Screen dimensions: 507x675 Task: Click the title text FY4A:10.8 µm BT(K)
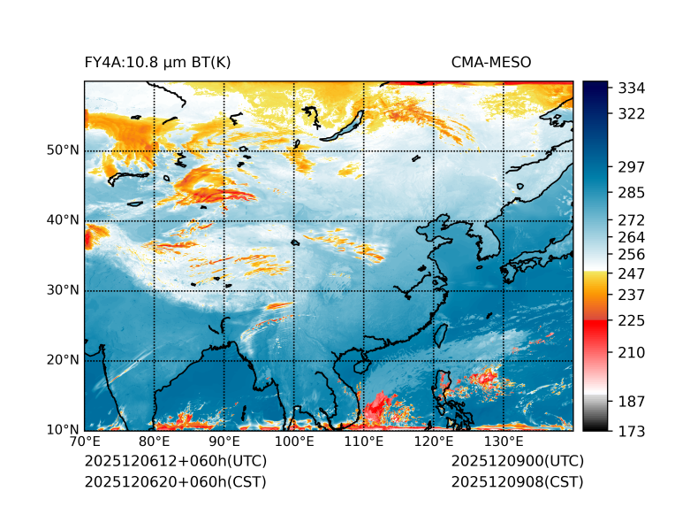[x=157, y=62]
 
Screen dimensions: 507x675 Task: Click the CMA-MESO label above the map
[x=490, y=62]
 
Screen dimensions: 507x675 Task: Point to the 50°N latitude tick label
[x=63, y=150]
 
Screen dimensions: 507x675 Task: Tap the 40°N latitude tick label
[x=63, y=220]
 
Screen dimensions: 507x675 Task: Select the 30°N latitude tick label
[x=63, y=290]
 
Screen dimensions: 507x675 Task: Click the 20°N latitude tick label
[x=63, y=360]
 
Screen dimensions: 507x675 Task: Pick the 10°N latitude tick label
[x=63, y=430]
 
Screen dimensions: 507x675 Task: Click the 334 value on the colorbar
[x=630, y=88]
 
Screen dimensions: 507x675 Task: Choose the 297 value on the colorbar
[x=630, y=166]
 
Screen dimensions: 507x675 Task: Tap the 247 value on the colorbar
[x=630, y=273]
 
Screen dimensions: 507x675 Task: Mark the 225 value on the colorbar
[x=630, y=320]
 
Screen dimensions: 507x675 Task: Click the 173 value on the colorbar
[x=630, y=431]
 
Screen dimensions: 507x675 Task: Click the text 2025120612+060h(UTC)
[x=175, y=462]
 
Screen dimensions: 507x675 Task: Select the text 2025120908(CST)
[x=517, y=482]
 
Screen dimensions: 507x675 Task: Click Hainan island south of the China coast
[x=360, y=365]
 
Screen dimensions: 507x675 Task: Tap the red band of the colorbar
[x=595, y=326]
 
